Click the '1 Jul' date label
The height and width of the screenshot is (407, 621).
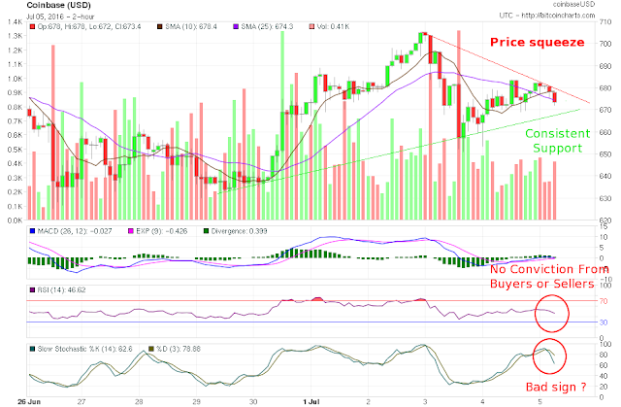pos(312,398)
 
